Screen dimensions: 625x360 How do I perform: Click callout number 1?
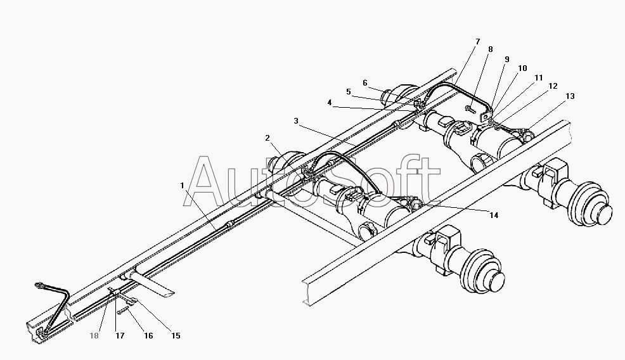[182, 185]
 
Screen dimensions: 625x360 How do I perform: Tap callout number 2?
[267, 138]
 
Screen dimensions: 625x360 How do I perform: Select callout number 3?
[296, 120]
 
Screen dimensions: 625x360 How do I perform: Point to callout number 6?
[365, 83]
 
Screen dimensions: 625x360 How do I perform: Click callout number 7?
[477, 41]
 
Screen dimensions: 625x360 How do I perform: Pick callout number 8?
[490, 49]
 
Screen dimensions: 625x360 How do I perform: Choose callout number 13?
[570, 96]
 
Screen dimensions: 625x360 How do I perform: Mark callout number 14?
[494, 215]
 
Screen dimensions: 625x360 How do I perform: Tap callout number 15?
[176, 336]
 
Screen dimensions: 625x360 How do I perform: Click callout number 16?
[148, 336]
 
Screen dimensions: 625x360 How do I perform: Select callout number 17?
[120, 336]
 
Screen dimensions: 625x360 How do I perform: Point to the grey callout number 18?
[94, 336]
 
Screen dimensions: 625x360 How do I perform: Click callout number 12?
[553, 86]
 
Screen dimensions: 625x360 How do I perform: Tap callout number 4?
[329, 103]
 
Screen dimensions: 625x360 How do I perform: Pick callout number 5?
[349, 92]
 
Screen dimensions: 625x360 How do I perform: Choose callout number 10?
[522, 68]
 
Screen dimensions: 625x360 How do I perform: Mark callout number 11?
[539, 78]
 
